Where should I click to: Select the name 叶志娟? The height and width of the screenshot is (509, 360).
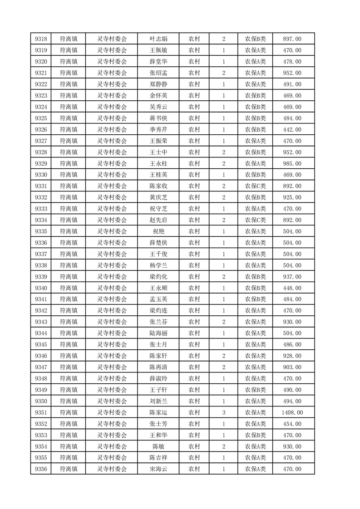coord(158,39)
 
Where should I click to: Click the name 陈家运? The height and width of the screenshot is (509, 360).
coord(158,412)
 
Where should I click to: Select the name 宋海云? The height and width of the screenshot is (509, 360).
coord(158,469)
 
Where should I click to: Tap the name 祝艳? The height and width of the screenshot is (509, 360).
coord(158,231)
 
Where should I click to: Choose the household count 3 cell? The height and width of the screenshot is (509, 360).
coord(224,412)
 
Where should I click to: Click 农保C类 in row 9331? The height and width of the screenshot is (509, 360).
coord(256,186)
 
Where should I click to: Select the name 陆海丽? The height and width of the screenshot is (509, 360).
coord(158,333)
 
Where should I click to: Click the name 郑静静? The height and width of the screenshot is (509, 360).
coord(158,84)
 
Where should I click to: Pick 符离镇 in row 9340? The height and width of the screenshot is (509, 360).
coord(69,288)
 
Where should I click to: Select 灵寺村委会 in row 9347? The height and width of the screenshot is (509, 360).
coord(112,367)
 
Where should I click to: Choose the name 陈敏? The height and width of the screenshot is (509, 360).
coord(158,446)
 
